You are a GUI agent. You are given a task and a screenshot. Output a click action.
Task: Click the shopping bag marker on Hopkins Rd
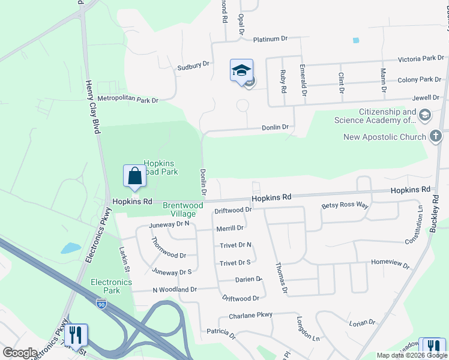[134, 176]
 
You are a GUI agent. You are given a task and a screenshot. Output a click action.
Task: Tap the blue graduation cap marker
[241, 71]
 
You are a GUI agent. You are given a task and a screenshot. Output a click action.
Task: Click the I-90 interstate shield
[101, 304]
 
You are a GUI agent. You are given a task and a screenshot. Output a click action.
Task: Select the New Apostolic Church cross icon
[436, 137]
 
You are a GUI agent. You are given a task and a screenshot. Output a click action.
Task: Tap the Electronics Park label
[106, 286]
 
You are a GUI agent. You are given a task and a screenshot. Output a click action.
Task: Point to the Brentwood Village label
[179, 209]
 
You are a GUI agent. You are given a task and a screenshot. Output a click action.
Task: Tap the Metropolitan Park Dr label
[127, 100]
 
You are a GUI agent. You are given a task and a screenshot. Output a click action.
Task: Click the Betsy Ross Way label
[345, 205]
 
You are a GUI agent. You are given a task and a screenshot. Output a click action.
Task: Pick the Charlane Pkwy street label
[250, 315]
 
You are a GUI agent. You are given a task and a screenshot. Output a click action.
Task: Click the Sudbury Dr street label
[193, 67]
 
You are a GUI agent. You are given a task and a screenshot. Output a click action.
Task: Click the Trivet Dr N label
[235, 245]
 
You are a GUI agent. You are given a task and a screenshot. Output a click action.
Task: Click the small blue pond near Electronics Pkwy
[70, 248]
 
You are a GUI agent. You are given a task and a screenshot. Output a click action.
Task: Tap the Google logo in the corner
[19, 353]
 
